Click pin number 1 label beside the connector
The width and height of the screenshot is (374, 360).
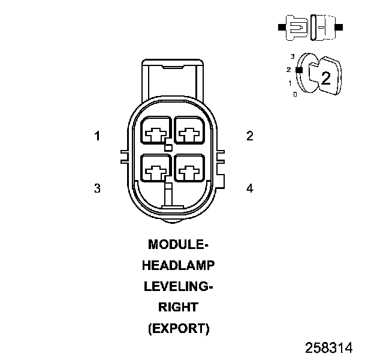(x=97, y=136)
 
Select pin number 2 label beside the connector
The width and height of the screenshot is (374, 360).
(x=250, y=136)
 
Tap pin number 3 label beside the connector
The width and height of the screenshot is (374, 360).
(x=97, y=188)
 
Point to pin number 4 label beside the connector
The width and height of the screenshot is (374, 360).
(x=250, y=188)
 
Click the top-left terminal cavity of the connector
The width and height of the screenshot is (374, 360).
(x=156, y=130)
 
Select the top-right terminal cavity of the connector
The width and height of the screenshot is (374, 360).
(x=189, y=130)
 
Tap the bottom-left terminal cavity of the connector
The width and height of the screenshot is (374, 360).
(x=156, y=168)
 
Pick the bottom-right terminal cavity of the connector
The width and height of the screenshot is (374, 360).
(x=189, y=168)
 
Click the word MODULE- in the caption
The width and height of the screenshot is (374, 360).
(x=178, y=245)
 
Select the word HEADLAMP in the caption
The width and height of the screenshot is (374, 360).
(x=178, y=266)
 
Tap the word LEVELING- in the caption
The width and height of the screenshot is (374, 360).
(x=178, y=287)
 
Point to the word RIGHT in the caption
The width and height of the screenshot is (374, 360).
(x=178, y=308)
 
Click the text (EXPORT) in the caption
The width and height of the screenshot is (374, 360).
(x=178, y=329)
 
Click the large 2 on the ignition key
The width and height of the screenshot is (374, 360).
(x=325, y=77)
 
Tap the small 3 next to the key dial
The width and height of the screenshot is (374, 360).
(x=292, y=56)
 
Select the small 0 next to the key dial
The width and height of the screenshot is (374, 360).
(x=295, y=94)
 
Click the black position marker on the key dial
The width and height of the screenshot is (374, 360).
(x=298, y=70)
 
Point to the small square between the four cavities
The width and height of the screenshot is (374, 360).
(x=168, y=148)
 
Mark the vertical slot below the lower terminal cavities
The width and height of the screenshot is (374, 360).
(x=168, y=195)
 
